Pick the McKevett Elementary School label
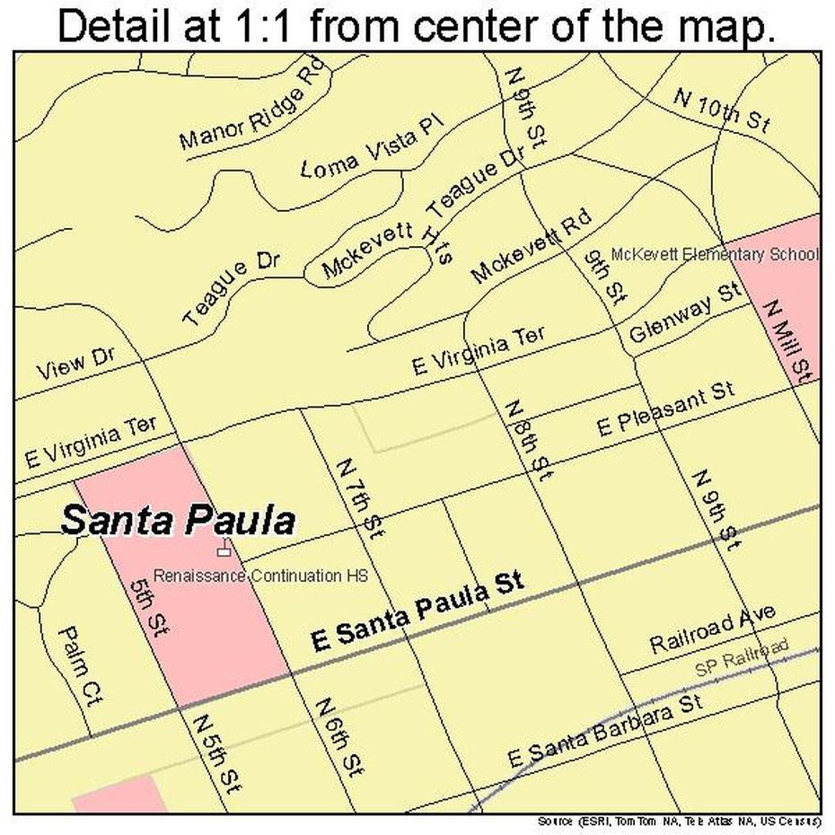pos(714,254)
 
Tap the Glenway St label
pos(685,313)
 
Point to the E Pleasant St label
pos(666,410)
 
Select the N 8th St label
pos(529,441)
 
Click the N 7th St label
pos(359,499)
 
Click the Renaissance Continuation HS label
pos(260,576)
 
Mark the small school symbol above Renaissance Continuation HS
pos(223,546)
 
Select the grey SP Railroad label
pos(743,658)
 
